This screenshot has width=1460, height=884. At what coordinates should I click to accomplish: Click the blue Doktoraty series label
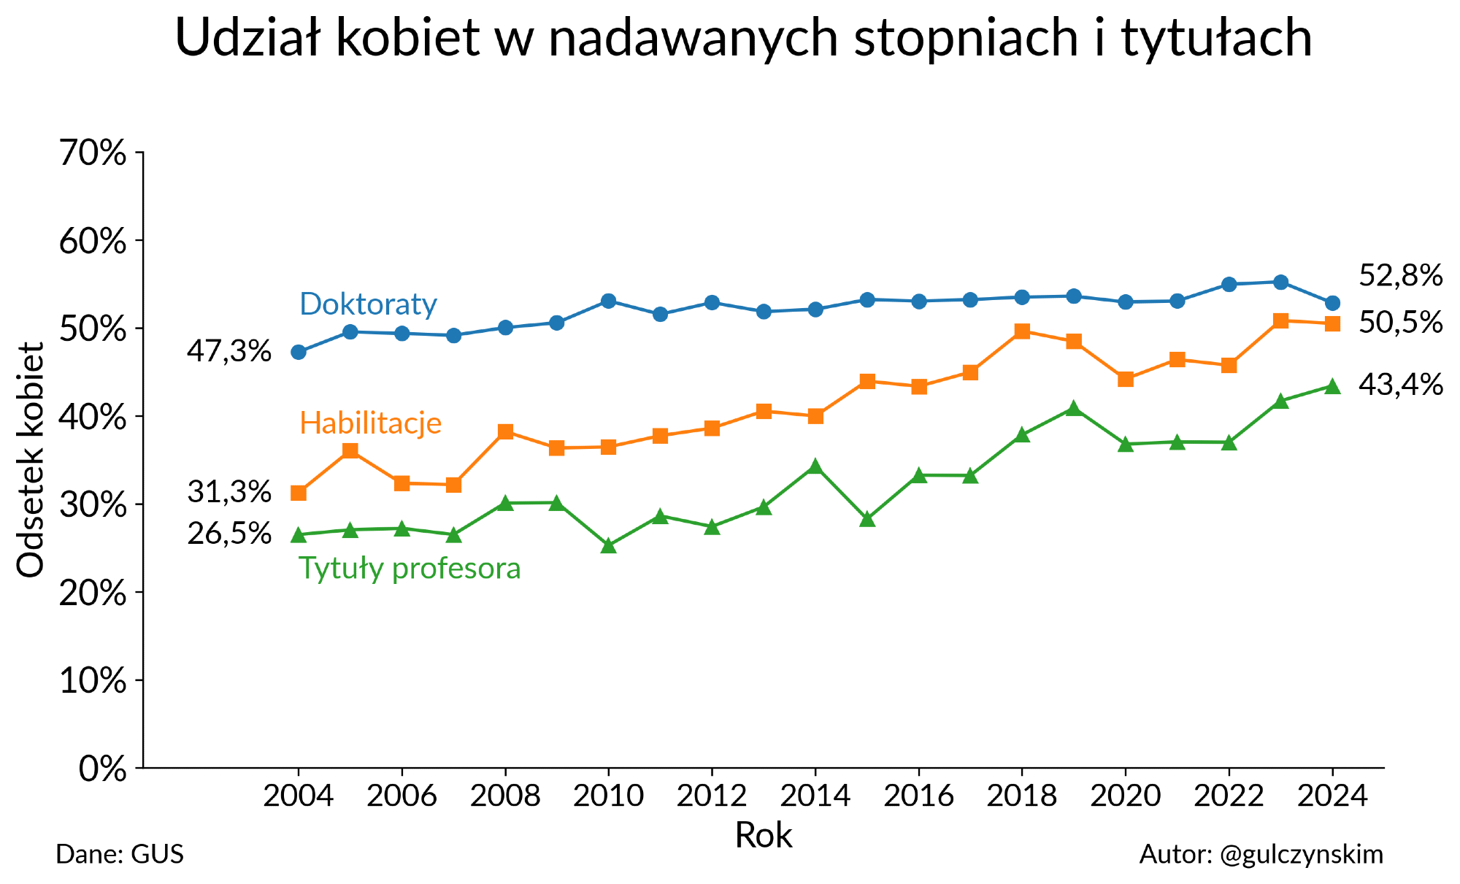click(x=368, y=304)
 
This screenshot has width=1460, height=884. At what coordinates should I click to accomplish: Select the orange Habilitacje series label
click(x=370, y=423)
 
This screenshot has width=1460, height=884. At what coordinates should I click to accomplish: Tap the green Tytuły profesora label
click(x=410, y=568)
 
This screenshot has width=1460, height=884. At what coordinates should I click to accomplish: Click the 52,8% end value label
click(x=1400, y=276)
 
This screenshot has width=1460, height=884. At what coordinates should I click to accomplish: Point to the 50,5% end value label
click(x=1400, y=323)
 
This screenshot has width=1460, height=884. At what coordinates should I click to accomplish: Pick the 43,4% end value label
click(x=1400, y=385)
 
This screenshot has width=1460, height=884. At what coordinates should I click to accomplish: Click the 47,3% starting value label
click(x=229, y=352)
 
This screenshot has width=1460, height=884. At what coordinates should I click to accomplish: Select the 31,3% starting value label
click(x=229, y=492)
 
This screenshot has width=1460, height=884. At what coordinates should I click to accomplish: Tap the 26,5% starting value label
click(x=229, y=534)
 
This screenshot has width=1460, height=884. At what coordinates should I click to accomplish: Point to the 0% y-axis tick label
click(x=102, y=769)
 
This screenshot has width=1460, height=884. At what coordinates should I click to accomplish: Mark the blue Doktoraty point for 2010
click(x=608, y=301)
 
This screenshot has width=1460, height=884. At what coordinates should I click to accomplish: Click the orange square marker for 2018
click(x=1022, y=331)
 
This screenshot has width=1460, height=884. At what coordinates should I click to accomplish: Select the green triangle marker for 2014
click(x=815, y=466)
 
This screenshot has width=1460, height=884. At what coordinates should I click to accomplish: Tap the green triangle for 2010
click(x=608, y=545)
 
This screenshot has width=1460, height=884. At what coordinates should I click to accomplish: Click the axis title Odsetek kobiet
click(x=31, y=460)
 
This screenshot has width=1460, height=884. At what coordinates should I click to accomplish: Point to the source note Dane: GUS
click(x=120, y=854)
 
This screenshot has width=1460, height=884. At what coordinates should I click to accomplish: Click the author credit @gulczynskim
click(x=1261, y=854)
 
